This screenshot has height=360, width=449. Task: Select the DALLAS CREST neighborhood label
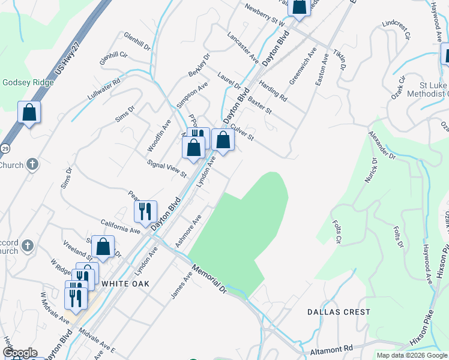pyautogui.click(x=339, y=312)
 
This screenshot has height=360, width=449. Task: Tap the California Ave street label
pyautogui.click(x=120, y=226)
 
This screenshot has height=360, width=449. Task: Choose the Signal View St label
pyautogui.click(x=167, y=169)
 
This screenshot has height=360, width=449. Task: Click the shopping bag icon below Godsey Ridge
pyautogui.click(x=29, y=112)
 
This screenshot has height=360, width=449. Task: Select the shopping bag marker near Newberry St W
pyautogui.click(x=299, y=6)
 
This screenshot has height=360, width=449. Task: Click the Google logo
pyautogui.click(x=20, y=353)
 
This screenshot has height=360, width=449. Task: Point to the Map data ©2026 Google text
pyautogui.click(x=412, y=355)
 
